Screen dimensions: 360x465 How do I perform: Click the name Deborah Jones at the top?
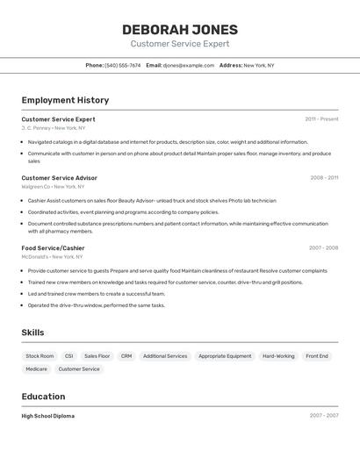(179, 30)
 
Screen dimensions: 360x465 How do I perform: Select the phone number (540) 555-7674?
(122, 65)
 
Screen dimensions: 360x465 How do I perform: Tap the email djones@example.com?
(188, 65)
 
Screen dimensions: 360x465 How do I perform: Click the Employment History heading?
(65, 100)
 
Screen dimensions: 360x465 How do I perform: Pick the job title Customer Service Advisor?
(59, 178)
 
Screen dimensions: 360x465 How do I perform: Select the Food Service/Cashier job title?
(53, 248)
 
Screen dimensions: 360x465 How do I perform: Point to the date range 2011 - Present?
(321, 119)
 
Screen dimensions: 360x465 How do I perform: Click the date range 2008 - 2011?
(323, 178)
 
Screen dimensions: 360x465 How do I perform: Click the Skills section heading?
(32, 333)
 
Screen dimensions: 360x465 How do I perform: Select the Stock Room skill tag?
(40, 356)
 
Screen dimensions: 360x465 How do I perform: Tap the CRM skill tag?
(126, 356)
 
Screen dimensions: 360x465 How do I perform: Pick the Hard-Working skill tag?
(278, 356)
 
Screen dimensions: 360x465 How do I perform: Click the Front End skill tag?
(317, 356)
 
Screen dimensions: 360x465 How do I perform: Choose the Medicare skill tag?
(37, 369)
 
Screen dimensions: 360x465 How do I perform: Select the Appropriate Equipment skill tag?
(225, 356)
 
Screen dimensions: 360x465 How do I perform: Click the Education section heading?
(43, 397)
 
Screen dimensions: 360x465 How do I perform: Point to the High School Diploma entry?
(48, 416)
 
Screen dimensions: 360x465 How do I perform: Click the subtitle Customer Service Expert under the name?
(179, 44)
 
